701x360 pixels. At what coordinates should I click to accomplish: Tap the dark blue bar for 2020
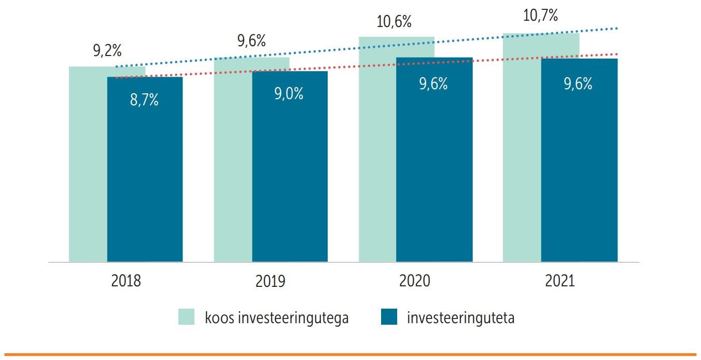tap(434, 171)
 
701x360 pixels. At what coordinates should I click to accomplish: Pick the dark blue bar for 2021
tap(579, 171)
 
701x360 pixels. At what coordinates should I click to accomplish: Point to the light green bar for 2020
tap(377, 156)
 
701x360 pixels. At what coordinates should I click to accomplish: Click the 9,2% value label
tap(107, 51)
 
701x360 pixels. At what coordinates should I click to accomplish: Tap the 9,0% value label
tap(289, 94)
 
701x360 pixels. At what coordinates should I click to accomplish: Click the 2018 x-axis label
tap(126, 281)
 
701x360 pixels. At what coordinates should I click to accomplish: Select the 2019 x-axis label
tap(270, 282)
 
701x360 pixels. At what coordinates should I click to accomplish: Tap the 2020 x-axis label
tap(415, 281)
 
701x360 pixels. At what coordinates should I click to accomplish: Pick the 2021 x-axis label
tap(560, 281)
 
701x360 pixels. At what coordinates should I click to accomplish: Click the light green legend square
tap(187, 317)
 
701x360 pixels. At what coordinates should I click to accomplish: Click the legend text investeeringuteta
tap(460, 317)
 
